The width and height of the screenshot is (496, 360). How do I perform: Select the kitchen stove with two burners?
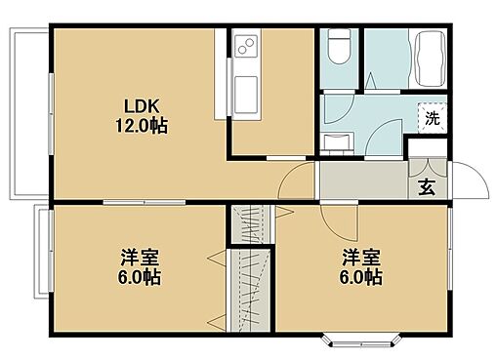pyautogui.click(x=244, y=45)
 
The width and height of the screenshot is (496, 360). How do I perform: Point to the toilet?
pyautogui.click(x=340, y=46)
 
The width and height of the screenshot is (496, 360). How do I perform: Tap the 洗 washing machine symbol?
pyautogui.click(x=431, y=118)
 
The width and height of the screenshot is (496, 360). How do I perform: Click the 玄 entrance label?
pyautogui.click(x=427, y=187)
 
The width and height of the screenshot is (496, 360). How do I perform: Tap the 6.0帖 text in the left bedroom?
pyautogui.click(x=140, y=276)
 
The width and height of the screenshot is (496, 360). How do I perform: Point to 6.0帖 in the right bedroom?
pyautogui.click(x=360, y=276)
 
